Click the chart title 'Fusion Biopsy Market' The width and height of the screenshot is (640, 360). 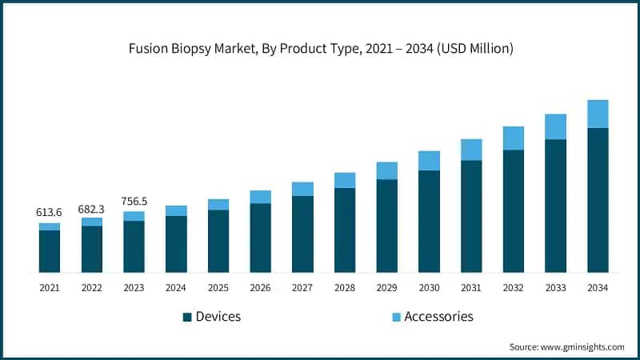320,49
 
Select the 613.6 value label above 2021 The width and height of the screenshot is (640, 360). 49,212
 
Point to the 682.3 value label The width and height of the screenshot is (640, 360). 91,208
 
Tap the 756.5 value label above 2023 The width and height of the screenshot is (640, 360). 134,202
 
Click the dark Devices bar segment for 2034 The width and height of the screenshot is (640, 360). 598,200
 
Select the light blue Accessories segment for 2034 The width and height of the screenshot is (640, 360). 598,114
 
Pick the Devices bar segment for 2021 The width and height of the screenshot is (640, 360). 50,251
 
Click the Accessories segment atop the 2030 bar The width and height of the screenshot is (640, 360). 429,161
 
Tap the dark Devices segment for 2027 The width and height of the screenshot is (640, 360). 302,234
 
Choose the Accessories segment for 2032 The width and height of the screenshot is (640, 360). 514,138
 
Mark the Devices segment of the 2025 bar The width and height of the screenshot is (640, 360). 218,241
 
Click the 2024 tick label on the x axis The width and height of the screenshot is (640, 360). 176,286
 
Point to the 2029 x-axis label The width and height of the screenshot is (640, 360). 387,286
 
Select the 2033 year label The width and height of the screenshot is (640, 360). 555,286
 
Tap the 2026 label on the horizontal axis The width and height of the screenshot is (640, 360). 260,286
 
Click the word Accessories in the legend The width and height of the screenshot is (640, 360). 438,317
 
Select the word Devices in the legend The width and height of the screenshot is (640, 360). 218,317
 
